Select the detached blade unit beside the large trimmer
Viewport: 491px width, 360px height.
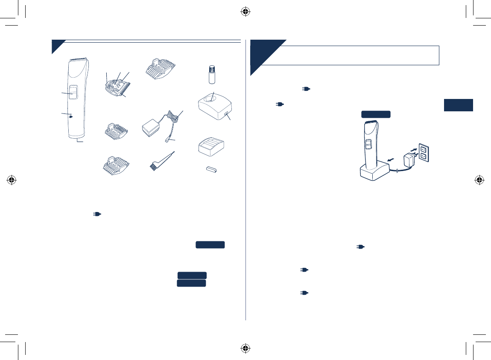pyautogui.click(x=115, y=86)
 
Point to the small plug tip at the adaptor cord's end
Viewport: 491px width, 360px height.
pyautogui.click(x=166, y=140)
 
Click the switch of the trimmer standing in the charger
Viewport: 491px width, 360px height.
pyautogui.click(x=368, y=145)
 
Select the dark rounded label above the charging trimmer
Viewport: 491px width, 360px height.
pyautogui.click(x=376, y=114)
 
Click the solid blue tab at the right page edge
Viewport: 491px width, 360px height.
pyautogui.click(x=458, y=105)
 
